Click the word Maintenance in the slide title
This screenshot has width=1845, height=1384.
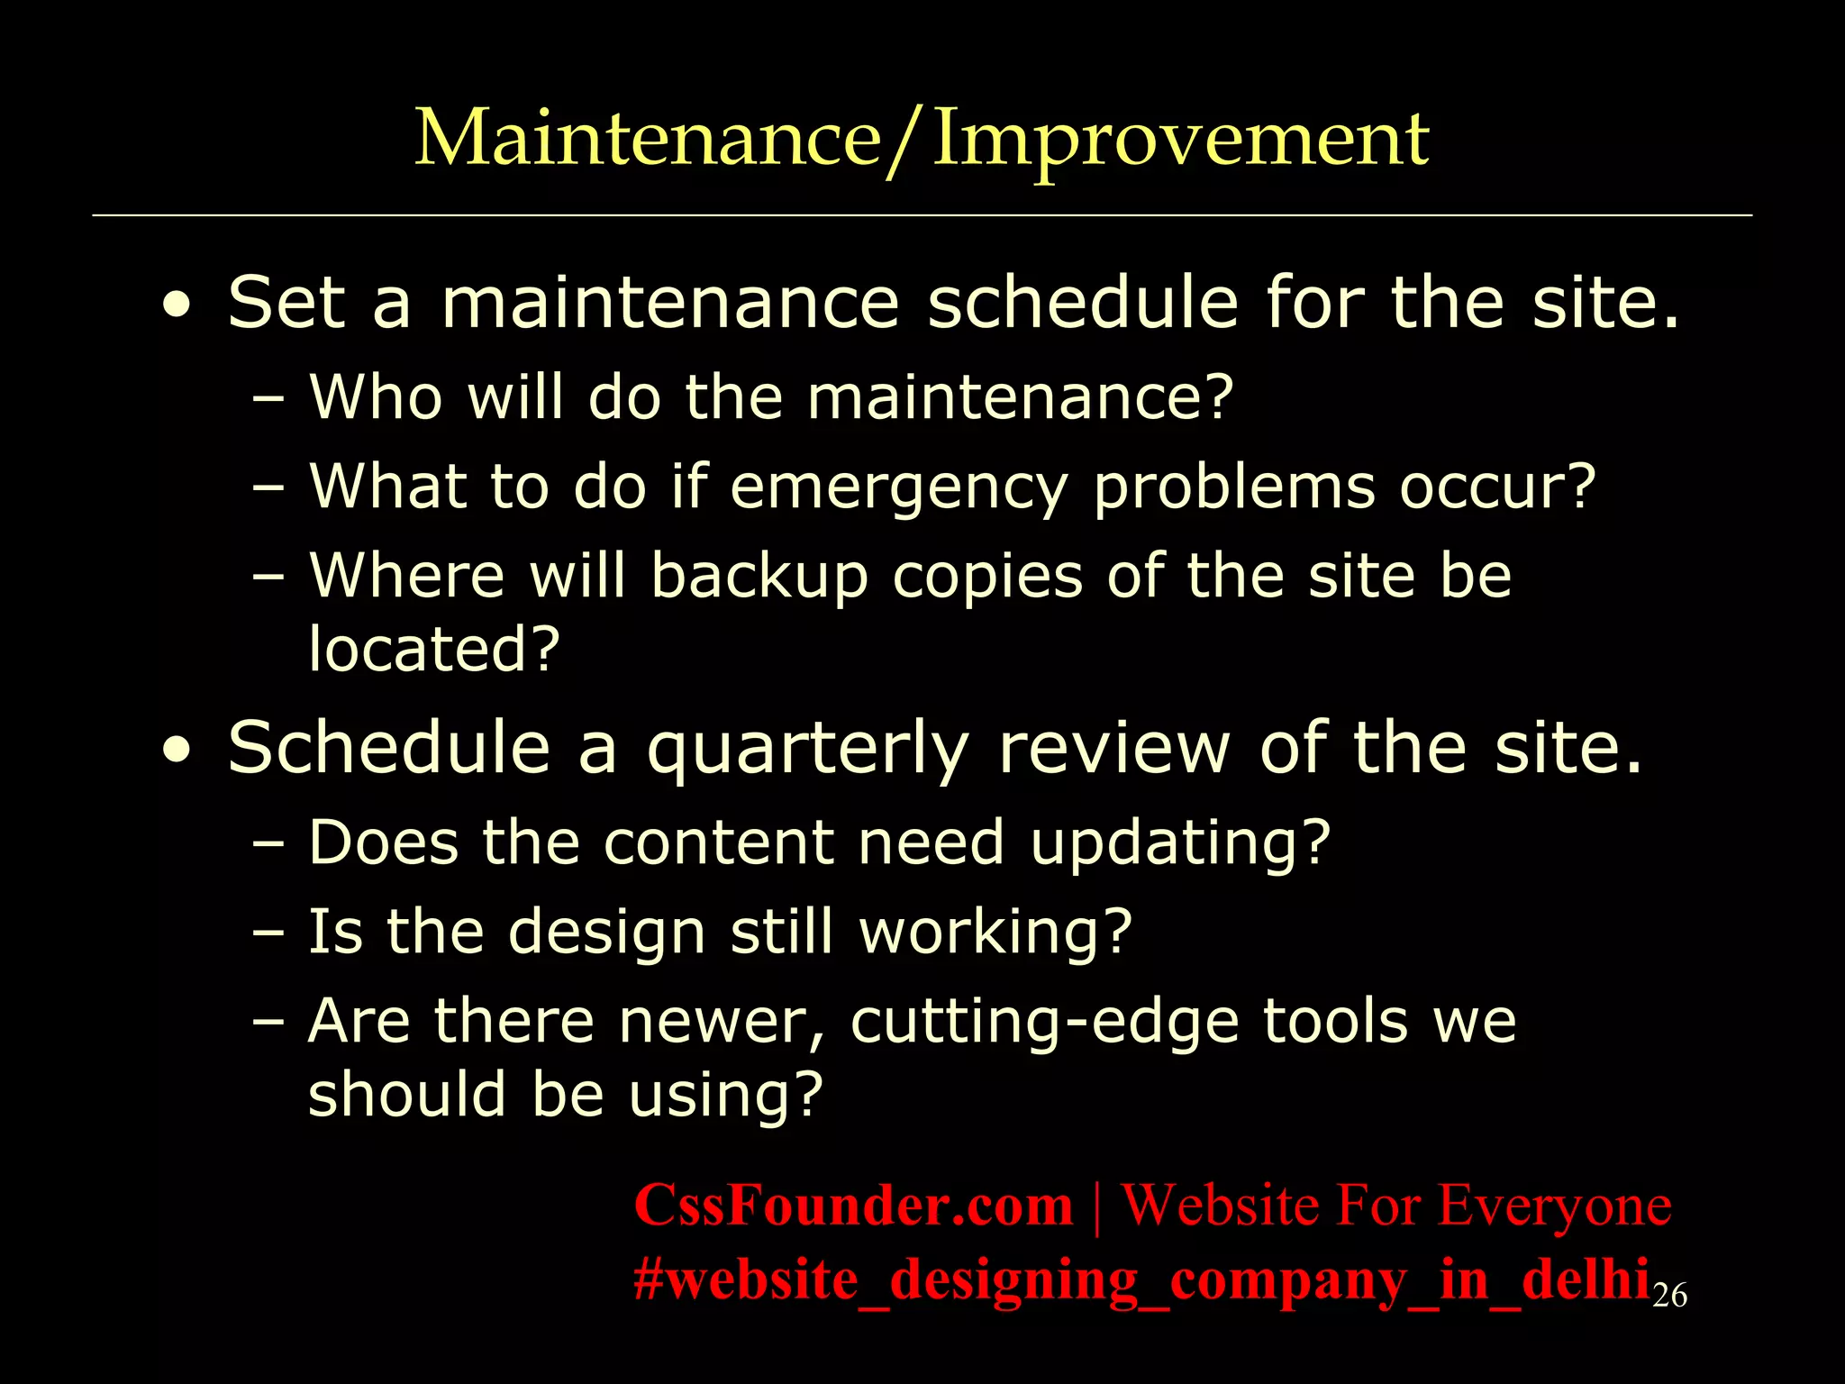tap(647, 140)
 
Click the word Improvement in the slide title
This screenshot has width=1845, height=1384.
tap(1180, 140)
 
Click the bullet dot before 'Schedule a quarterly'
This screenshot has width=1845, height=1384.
tap(177, 751)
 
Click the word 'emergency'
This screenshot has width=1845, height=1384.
tap(898, 488)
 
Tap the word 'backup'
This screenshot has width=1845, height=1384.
tap(759, 577)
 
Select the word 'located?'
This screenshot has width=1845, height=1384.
tap(434, 649)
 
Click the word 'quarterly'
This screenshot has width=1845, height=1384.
tap(807, 750)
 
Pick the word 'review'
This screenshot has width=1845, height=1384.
tap(1113, 750)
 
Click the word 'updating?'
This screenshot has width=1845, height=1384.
tap(1180, 844)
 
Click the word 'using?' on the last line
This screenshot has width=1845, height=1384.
tap(726, 1095)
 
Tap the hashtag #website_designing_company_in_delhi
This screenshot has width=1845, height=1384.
tap(1141, 1280)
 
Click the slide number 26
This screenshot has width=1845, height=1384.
tap(1669, 1296)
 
